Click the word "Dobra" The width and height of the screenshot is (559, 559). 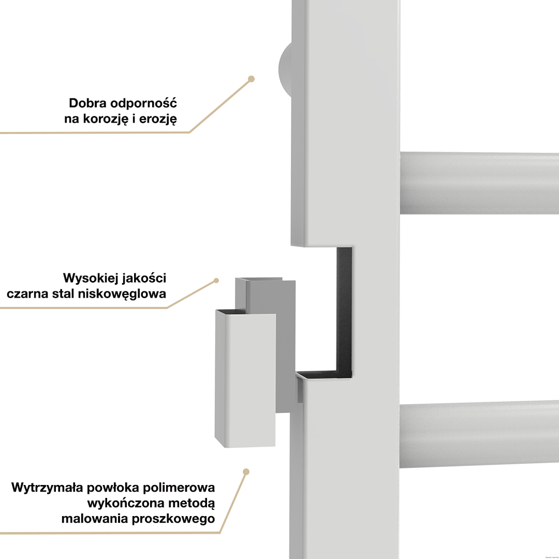(87, 103)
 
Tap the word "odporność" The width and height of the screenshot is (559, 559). (144, 103)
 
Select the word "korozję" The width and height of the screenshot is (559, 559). (105, 119)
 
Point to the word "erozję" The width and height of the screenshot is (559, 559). (158, 119)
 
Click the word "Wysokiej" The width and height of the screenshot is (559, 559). (91, 278)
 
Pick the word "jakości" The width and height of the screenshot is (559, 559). (144, 278)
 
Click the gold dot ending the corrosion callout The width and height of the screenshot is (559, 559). (251, 79)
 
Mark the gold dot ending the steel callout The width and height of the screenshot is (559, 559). (216, 281)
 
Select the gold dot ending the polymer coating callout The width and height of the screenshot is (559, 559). (246, 472)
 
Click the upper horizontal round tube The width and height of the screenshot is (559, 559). (479, 183)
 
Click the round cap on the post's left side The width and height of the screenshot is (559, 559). (285, 70)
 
